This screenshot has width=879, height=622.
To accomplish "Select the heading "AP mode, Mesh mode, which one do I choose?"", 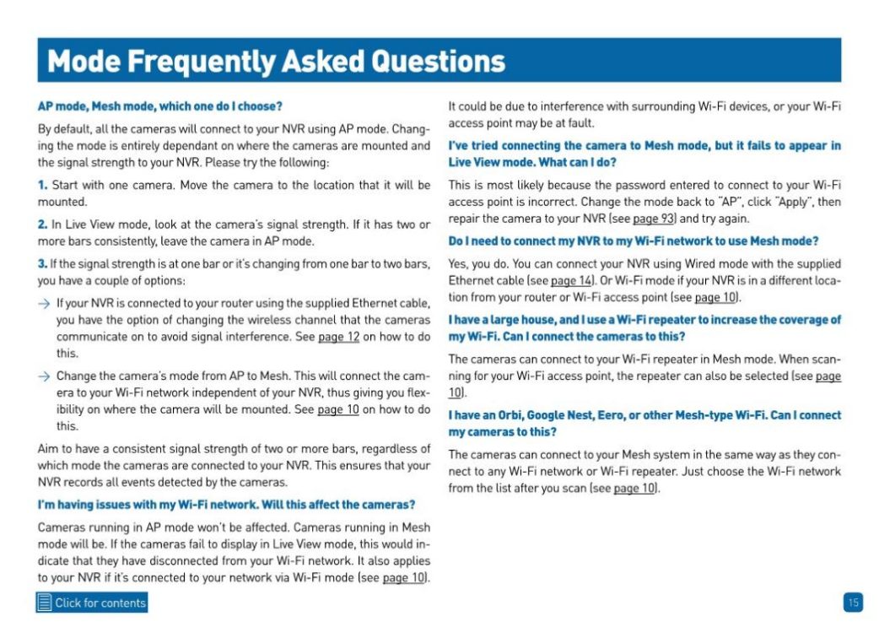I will [x=159, y=106].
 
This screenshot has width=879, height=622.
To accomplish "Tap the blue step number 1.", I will [x=41, y=184].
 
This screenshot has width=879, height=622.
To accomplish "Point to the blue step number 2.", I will [x=42, y=224].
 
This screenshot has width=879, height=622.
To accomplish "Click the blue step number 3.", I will [x=42, y=264].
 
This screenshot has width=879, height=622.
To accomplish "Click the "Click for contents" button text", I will [x=100, y=603].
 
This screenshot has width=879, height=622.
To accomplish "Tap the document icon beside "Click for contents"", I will [x=45, y=603].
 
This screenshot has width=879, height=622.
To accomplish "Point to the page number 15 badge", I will [x=853, y=602].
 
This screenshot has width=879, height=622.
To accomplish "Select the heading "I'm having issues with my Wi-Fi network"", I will [x=226, y=505].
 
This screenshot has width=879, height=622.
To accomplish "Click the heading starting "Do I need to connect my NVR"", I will [x=634, y=241].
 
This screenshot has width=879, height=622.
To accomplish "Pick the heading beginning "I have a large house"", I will [x=644, y=327].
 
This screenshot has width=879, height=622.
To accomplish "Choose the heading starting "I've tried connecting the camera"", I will [x=644, y=154].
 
